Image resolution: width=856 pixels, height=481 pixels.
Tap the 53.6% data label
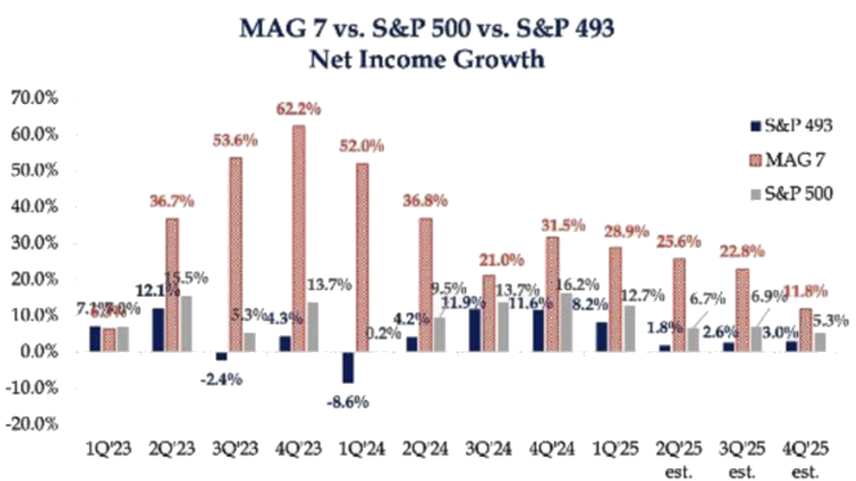(x=234, y=141)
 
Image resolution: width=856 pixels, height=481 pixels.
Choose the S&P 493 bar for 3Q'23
(x=221, y=355)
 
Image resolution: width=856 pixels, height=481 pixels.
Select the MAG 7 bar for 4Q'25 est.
(x=806, y=329)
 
